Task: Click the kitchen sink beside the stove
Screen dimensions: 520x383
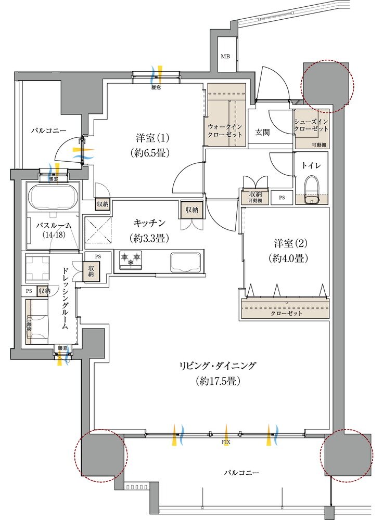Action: click(x=186, y=261)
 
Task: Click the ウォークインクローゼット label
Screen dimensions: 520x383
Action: click(x=225, y=130)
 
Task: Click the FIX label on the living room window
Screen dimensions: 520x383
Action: click(x=226, y=442)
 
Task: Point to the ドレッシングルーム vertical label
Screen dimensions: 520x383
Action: click(x=65, y=300)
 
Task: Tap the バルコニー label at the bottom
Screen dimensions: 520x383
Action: click(x=241, y=473)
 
